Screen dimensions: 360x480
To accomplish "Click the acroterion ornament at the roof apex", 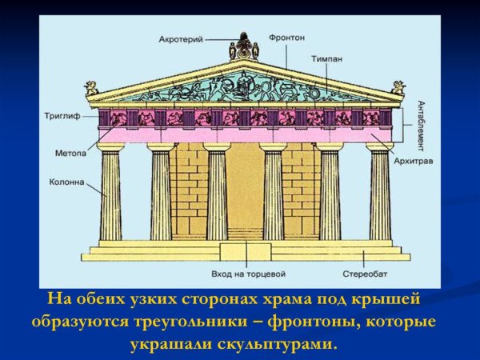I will pyautogui.click(x=244, y=48).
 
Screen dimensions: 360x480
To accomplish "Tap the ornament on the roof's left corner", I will pyautogui.click(x=92, y=87).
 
